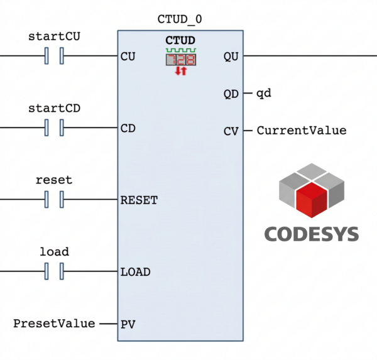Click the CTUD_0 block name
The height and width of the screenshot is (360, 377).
click(x=180, y=19)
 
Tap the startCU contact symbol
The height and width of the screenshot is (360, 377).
click(x=55, y=57)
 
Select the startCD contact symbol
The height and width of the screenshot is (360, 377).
click(x=55, y=128)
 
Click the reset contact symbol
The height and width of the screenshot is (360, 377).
click(x=55, y=200)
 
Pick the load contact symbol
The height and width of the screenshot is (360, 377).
click(x=55, y=272)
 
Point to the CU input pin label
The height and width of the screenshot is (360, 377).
click(x=128, y=57)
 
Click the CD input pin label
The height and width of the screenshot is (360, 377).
click(x=128, y=128)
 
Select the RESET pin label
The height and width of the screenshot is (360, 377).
click(x=139, y=200)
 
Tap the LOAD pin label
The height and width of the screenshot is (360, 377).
click(x=135, y=272)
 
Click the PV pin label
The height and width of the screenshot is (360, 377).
click(x=128, y=324)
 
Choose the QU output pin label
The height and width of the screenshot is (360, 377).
click(x=231, y=57)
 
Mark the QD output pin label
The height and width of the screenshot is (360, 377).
click(x=231, y=94)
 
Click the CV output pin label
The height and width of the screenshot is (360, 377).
click(x=231, y=131)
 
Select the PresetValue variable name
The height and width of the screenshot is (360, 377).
click(x=54, y=324)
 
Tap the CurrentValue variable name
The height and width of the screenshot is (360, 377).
click(x=301, y=131)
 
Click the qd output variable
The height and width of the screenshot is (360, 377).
click(x=263, y=94)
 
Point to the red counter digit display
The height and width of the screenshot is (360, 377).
click(x=180, y=60)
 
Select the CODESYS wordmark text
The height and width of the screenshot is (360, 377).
click(x=311, y=234)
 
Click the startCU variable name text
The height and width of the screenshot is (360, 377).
click(x=55, y=36)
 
